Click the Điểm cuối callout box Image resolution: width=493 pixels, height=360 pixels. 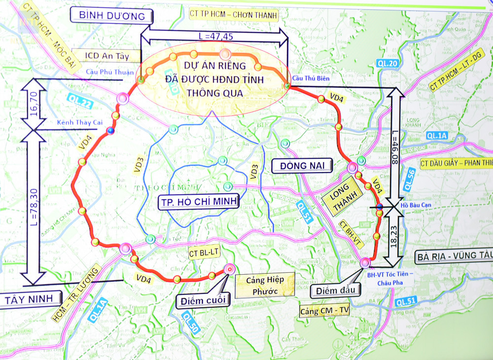203,299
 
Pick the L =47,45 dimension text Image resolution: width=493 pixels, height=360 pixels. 213,36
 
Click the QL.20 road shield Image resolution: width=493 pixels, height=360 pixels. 386,63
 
